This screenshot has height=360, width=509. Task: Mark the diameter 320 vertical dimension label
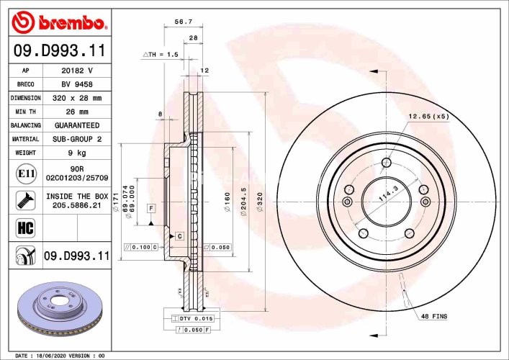(x=260, y=195)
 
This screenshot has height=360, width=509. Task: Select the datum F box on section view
(x=151, y=209)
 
